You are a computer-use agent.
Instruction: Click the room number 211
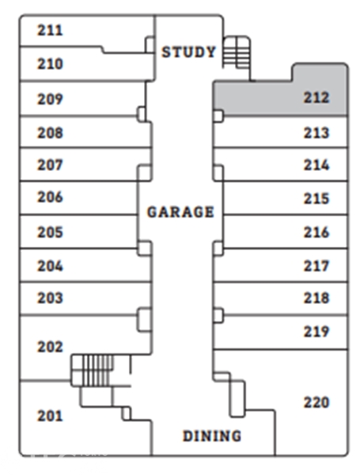click(50, 30)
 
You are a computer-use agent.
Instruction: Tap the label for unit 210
click(50, 64)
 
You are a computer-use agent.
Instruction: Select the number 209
click(50, 99)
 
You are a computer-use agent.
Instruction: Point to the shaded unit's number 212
click(316, 97)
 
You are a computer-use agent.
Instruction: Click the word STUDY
click(188, 51)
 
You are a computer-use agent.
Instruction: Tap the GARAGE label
click(180, 211)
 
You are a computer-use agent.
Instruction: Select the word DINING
click(212, 436)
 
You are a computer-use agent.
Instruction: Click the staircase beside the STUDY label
click(237, 51)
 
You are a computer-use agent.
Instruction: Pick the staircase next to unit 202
click(93, 370)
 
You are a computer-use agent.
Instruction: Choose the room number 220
click(316, 403)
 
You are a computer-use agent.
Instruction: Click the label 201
click(50, 416)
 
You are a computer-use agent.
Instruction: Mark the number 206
click(50, 197)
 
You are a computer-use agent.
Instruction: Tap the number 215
click(316, 199)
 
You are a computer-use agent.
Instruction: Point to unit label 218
click(316, 298)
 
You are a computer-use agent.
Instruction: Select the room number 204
click(50, 266)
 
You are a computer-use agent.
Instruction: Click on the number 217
click(316, 266)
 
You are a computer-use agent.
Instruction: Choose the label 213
click(316, 133)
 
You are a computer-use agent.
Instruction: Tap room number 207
click(50, 165)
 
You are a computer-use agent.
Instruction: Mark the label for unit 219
click(316, 332)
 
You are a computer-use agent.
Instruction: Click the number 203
click(50, 298)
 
